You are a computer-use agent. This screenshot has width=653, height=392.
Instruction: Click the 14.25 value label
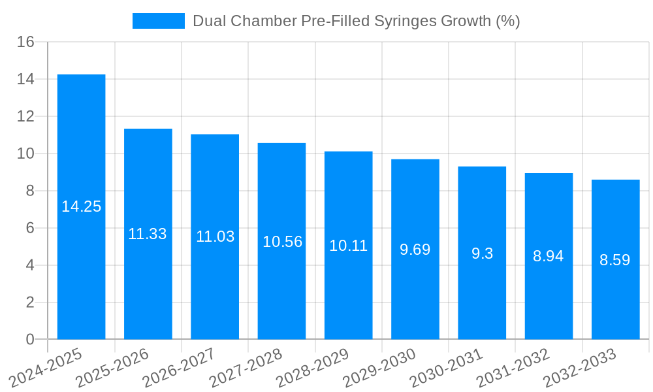(x=82, y=206)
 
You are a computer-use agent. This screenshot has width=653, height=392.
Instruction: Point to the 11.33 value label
(x=148, y=234)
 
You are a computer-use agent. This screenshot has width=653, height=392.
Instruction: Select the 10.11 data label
(x=348, y=246)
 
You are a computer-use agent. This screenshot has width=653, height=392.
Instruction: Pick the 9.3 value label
(x=482, y=253)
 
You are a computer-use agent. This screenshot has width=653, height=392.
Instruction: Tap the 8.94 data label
(x=549, y=256)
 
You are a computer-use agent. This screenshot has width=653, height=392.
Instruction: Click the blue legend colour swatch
(x=159, y=21)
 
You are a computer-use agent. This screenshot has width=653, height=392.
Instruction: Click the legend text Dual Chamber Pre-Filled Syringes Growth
(x=356, y=21)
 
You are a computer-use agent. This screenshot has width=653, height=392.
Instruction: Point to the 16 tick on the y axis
(x=25, y=42)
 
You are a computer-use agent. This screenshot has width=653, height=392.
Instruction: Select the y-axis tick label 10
(x=25, y=154)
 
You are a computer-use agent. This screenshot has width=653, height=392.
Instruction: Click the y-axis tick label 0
(x=30, y=339)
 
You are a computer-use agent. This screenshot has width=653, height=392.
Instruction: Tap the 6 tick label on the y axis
(x=30, y=228)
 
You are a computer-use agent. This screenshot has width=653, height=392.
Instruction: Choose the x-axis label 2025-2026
(x=113, y=368)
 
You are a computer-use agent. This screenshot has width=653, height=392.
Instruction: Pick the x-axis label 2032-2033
(x=580, y=368)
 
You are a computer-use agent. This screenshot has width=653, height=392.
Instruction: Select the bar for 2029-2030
(x=415, y=287)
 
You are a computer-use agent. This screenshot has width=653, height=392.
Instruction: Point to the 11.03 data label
(x=215, y=237)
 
